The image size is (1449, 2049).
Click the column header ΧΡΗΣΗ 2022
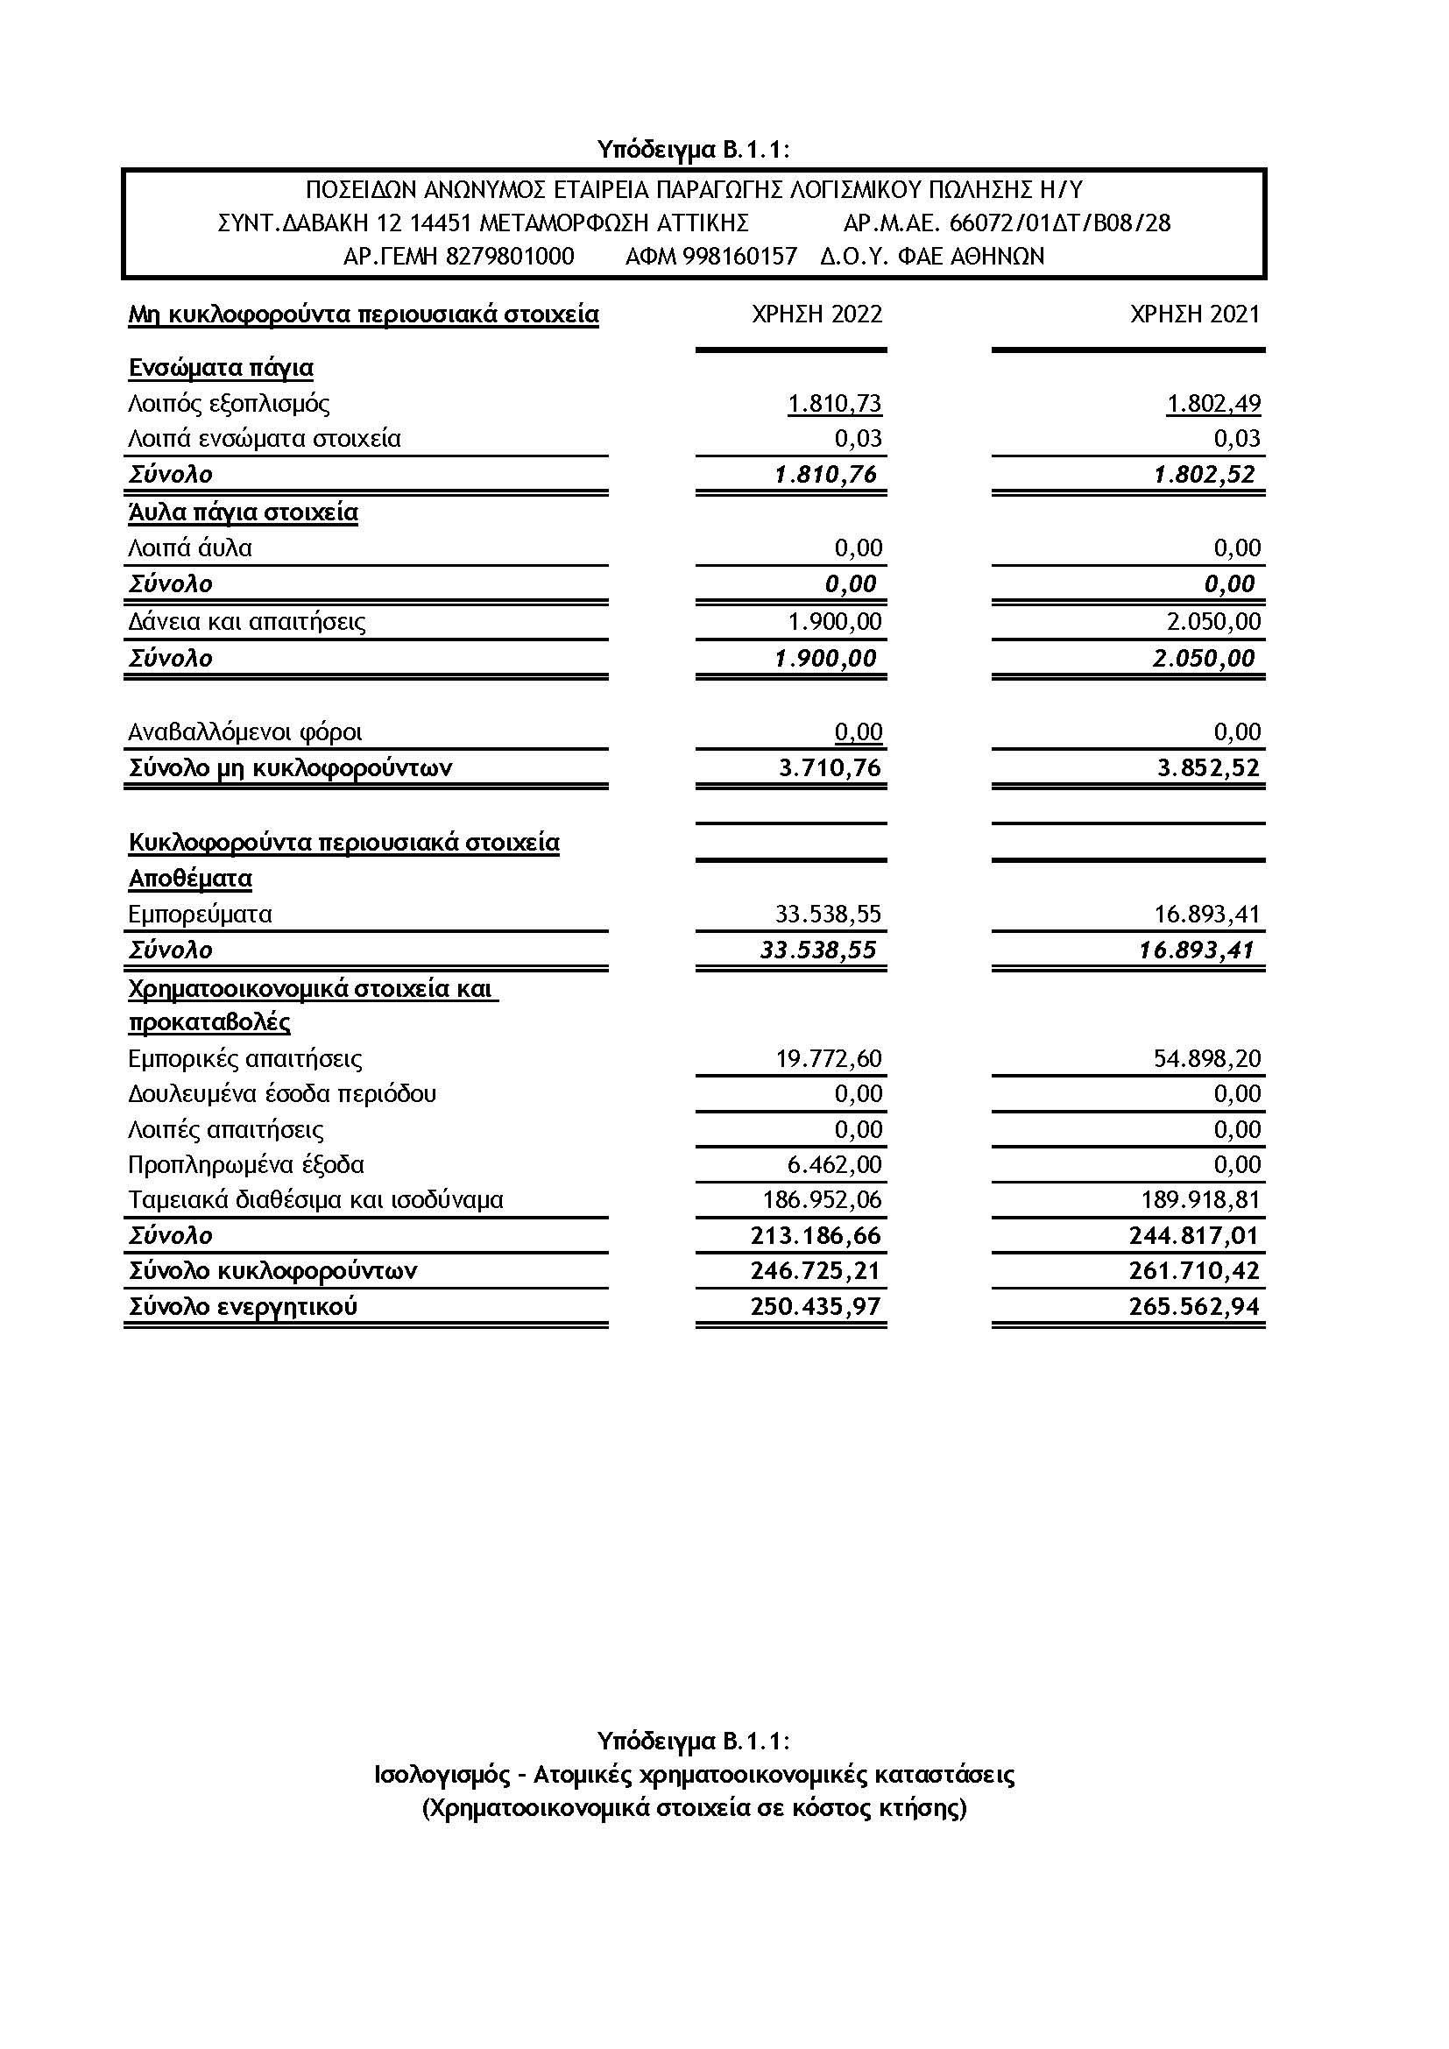point(816,314)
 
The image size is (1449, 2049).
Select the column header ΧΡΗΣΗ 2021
point(1195,314)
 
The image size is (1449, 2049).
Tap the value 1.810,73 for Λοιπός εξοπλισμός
point(834,403)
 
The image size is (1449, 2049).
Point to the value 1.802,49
point(1213,403)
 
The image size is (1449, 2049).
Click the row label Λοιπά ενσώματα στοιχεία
point(264,439)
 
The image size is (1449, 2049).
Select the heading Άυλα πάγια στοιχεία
point(243,512)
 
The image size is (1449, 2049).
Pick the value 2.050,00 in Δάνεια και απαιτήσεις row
point(1213,622)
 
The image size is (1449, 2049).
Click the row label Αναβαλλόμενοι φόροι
point(245,732)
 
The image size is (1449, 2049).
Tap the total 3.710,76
point(830,768)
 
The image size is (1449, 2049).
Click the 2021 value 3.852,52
point(1209,768)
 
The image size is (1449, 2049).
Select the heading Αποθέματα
point(190,879)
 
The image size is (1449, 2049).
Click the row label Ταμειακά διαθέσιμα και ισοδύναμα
point(316,1200)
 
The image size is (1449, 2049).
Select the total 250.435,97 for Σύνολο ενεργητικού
point(816,1307)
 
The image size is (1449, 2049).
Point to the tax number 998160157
point(739,257)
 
